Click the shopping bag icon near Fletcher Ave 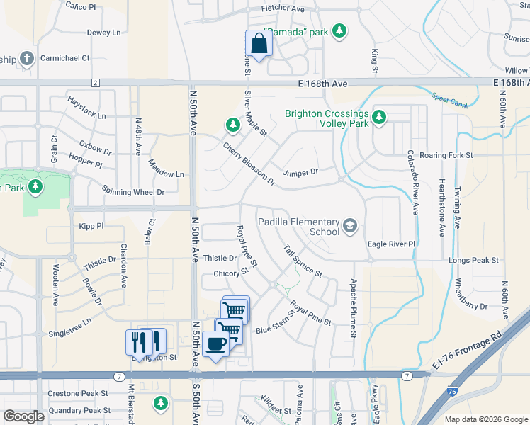[259, 43]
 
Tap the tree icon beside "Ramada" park [341, 31]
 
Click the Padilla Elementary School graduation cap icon [349, 226]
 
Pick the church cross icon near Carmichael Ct [26, 59]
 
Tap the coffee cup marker [215, 344]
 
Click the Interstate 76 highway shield [451, 390]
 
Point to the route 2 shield [95, 83]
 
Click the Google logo [23, 416]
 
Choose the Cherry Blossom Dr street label [249, 164]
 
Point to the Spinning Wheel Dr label [133, 191]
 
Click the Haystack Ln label [86, 115]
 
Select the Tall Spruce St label [303, 261]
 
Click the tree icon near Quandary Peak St [161, 403]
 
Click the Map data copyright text [485, 419]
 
